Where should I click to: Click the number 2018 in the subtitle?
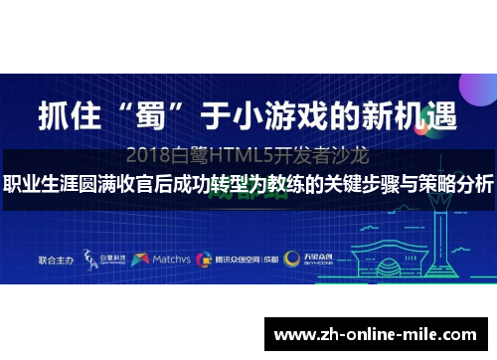click(x=148, y=155)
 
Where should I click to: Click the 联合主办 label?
click(x=57, y=259)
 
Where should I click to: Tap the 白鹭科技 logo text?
click(x=110, y=259)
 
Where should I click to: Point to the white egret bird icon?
click(x=90, y=258)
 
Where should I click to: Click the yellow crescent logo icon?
click(x=291, y=259)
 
